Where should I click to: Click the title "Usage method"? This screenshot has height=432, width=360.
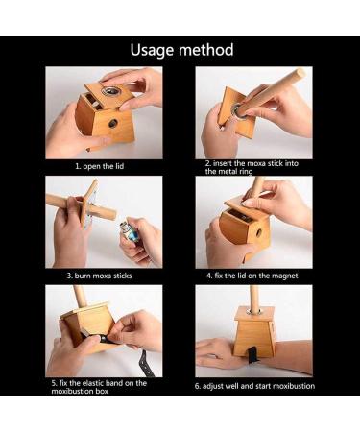(181, 50)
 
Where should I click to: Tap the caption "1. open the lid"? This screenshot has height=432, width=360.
(100, 166)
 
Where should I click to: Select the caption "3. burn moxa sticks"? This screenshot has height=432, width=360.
(99, 276)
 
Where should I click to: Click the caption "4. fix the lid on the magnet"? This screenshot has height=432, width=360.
(252, 276)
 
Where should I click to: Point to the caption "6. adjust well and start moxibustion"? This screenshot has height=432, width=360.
(254, 386)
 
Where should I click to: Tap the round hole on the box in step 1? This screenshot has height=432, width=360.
(112, 123)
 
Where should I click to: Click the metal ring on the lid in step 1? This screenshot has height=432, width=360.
(110, 91)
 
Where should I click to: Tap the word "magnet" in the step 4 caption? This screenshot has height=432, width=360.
(285, 276)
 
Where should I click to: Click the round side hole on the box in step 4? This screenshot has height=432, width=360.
(258, 232)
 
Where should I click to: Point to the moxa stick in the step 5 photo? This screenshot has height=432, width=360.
(79, 295)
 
